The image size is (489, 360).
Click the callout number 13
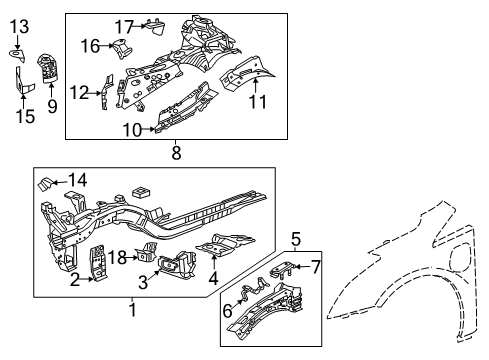point(20,25)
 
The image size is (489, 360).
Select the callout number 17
point(123,26)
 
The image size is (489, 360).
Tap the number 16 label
point(91,46)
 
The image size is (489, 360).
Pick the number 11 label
point(257,101)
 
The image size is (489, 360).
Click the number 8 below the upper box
point(176,152)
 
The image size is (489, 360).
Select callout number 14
point(77,180)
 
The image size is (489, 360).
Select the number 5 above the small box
point(296,238)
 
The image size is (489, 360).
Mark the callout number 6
point(229,312)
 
